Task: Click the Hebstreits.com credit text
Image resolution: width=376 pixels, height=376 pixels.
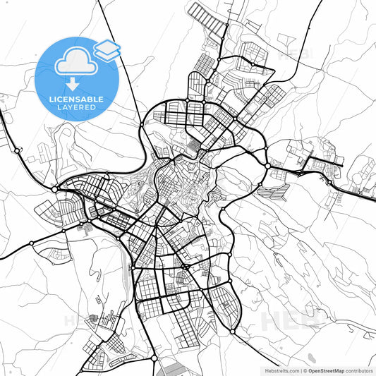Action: [279, 370]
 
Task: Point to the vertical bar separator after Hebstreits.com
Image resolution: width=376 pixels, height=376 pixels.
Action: [301, 370]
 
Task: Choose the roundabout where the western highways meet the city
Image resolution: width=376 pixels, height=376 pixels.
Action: [55, 189]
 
